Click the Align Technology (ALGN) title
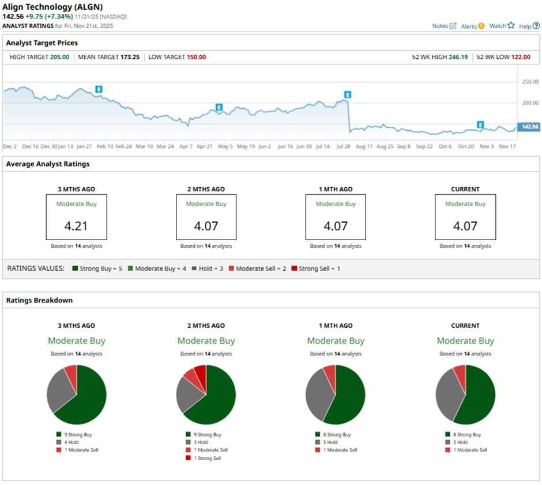(53, 7)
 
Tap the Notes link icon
(453, 26)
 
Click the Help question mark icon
(536, 26)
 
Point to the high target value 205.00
(59, 57)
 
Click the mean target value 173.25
(130, 57)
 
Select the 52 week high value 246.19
(457, 57)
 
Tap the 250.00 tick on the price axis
(530, 82)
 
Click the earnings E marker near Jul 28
(348, 94)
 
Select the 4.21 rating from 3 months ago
(76, 226)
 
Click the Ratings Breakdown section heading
(39, 300)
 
